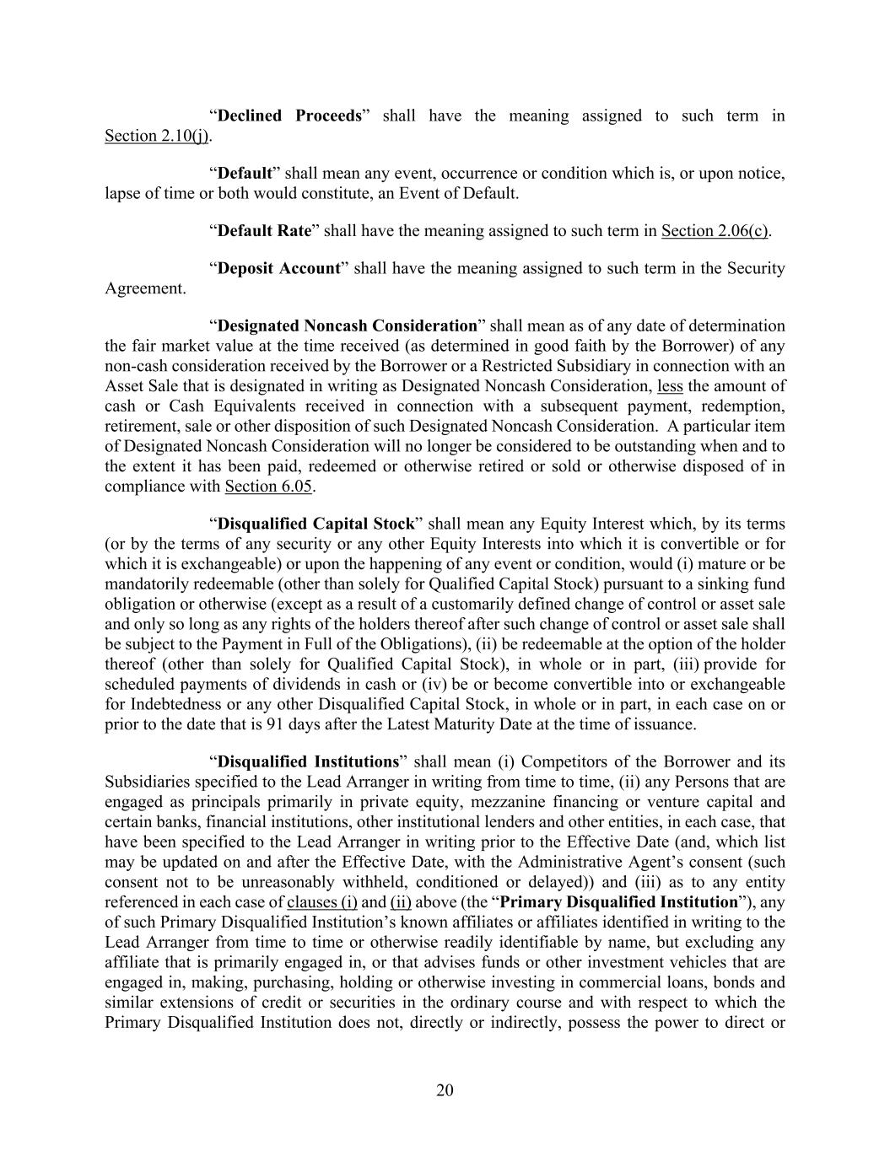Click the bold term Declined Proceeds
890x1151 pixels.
(x=289, y=116)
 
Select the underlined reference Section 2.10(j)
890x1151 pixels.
(x=156, y=136)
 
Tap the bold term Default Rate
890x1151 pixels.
(x=264, y=230)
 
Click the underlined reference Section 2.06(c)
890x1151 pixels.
(x=715, y=230)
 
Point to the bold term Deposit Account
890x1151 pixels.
(x=278, y=268)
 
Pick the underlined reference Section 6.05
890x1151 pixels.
(x=268, y=487)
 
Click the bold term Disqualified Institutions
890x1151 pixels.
(x=308, y=761)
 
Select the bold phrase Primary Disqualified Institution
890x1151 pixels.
(x=619, y=902)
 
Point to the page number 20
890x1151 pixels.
(x=445, y=1090)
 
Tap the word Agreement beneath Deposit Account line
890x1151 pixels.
(x=145, y=288)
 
